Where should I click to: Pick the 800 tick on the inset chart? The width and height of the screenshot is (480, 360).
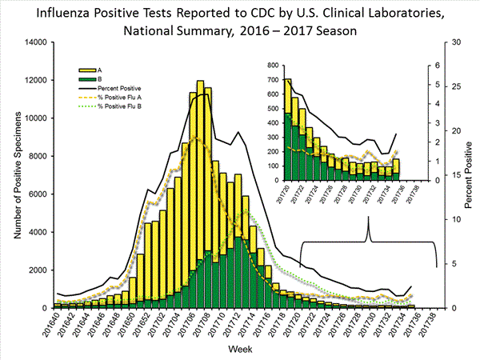[x=273, y=65]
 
